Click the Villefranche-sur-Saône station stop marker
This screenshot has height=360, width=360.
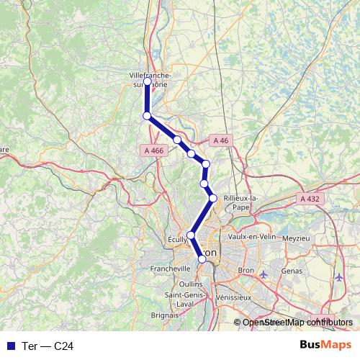148,81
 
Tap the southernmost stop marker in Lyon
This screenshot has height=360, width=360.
202,260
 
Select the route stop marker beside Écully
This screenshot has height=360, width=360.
191,235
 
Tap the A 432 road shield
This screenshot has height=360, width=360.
310,198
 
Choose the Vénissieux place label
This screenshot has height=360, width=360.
232,297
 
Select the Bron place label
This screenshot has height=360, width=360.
246,271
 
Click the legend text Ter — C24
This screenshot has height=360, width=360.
48,346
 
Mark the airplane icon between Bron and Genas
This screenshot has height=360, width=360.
263,274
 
